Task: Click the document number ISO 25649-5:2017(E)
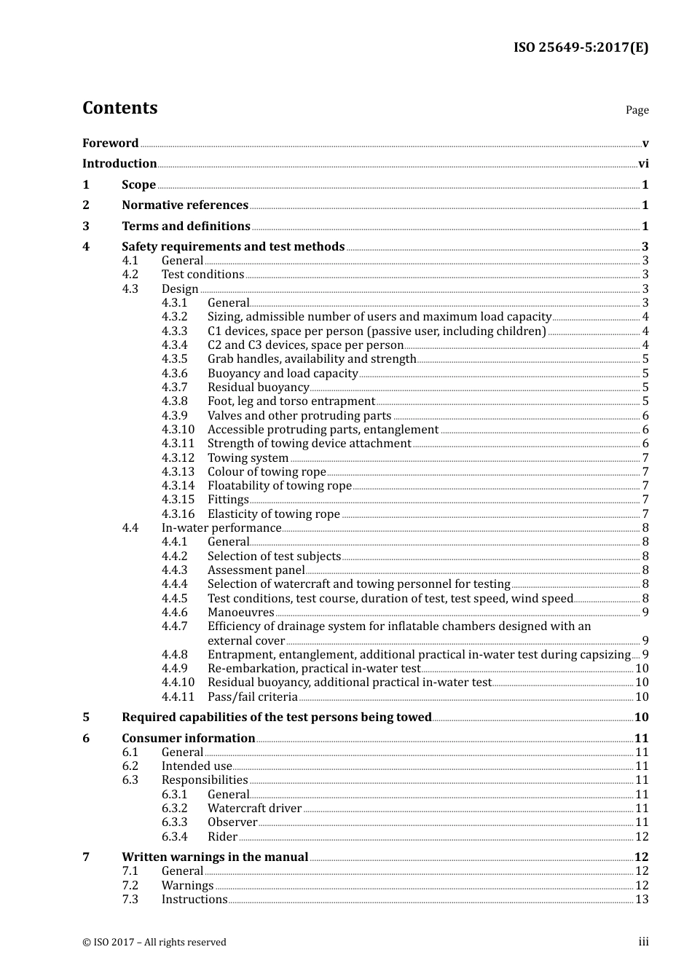[x=581, y=47]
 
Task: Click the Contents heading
[x=119, y=108]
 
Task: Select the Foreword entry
[x=110, y=143]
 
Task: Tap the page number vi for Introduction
[x=643, y=164]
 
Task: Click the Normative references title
[x=185, y=205]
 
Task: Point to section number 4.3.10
[x=178, y=430]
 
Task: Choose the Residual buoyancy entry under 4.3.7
[x=258, y=388]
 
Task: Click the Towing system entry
[x=248, y=458]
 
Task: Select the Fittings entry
[x=228, y=500]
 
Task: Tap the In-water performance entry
[x=221, y=528]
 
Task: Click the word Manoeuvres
[x=240, y=613]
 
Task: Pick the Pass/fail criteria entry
[x=252, y=697]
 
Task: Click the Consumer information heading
[x=188, y=739]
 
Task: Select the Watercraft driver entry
[x=254, y=809]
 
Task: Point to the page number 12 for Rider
[x=642, y=837]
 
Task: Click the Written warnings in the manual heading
[x=215, y=857]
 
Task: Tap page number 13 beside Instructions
[x=642, y=900]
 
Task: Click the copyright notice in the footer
[x=154, y=943]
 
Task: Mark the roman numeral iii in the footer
[x=643, y=942]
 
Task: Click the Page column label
[x=637, y=110]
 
